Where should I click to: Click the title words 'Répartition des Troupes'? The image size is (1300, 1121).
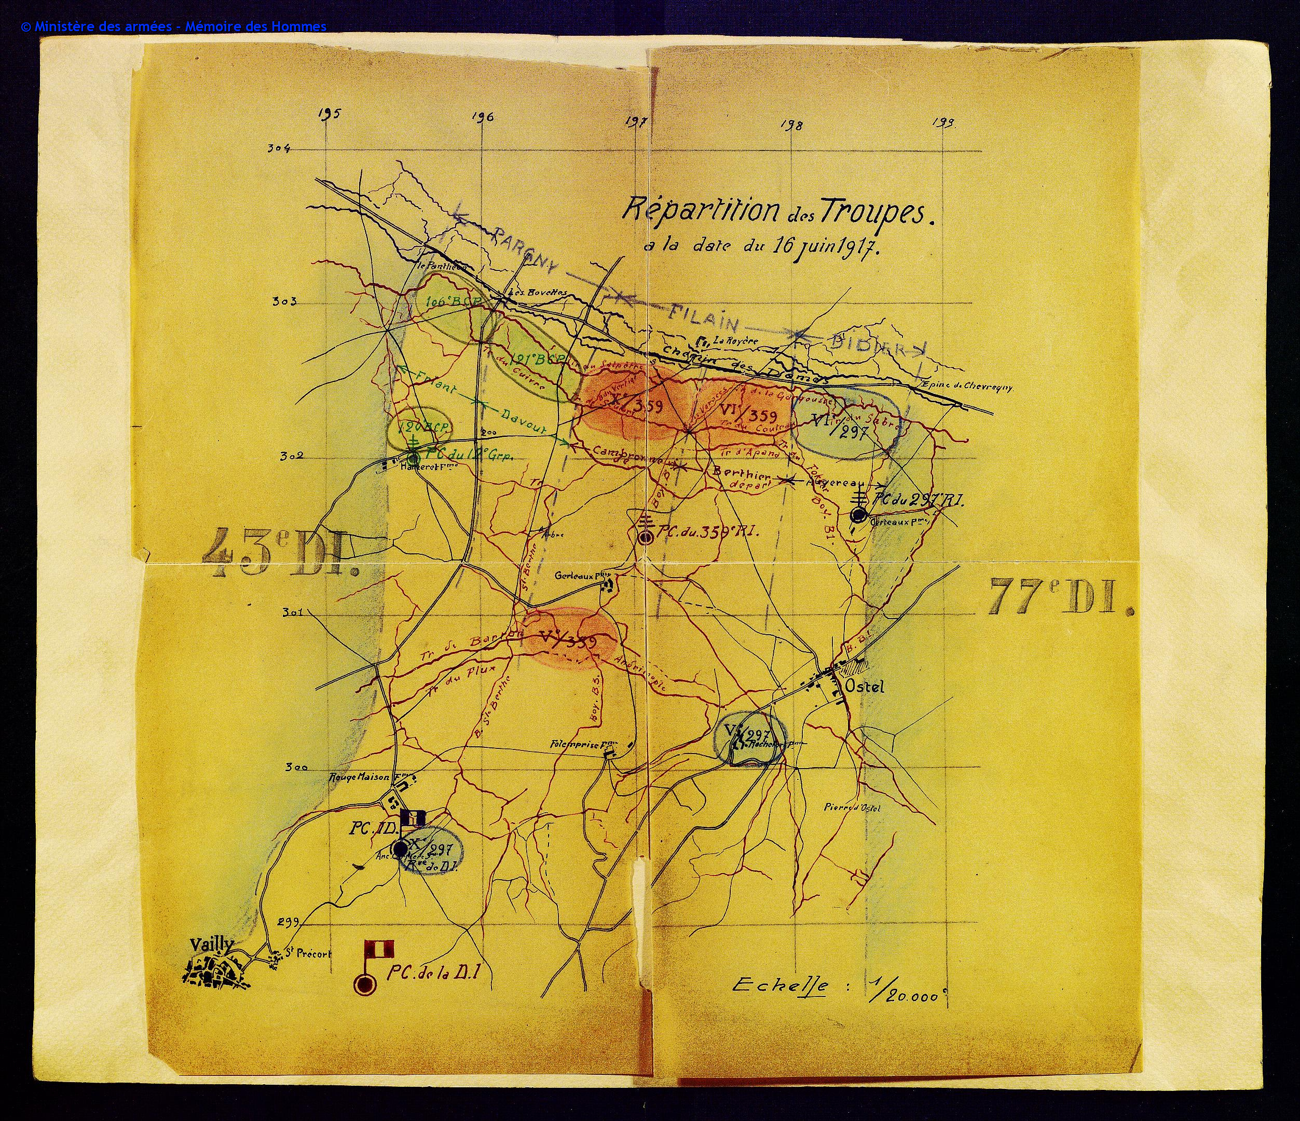click(777, 211)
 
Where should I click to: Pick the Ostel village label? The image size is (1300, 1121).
click(865, 686)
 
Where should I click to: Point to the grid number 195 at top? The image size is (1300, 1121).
click(328, 114)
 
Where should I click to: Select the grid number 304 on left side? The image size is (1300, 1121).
click(279, 148)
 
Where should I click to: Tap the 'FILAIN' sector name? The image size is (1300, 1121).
click(703, 318)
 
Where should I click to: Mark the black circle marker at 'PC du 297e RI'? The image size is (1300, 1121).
click(858, 515)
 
